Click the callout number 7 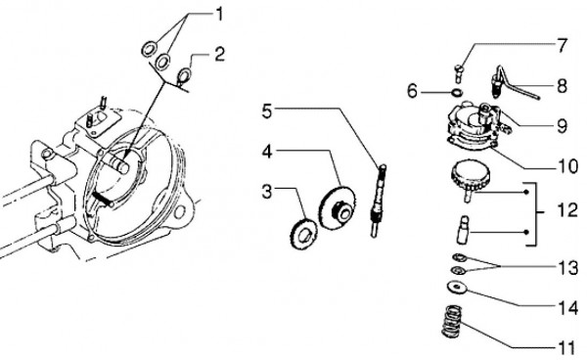(x=562, y=45)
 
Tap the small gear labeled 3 (x=303, y=233)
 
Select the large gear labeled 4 (x=338, y=208)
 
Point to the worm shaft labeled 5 (x=378, y=201)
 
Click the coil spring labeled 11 (x=452, y=321)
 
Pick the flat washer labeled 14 (x=457, y=288)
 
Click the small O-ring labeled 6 (x=457, y=92)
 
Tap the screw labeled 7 (x=459, y=73)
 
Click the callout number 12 (x=567, y=210)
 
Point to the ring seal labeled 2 (x=185, y=74)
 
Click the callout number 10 (x=567, y=165)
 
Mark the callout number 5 (x=266, y=112)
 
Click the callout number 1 (x=218, y=15)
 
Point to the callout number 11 (x=566, y=349)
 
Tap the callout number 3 (x=266, y=192)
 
